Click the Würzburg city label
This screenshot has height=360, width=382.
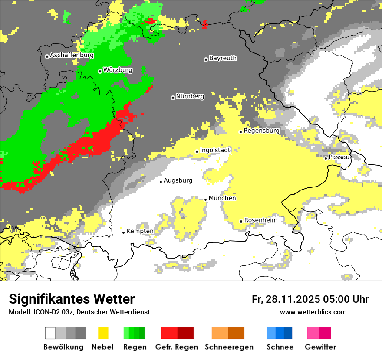(118, 70)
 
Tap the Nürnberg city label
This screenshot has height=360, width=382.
(190, 96)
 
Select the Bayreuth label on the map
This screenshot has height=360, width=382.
(223, 58)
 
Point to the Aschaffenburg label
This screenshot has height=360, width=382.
(72, 55)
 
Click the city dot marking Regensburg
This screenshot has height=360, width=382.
(240, 132)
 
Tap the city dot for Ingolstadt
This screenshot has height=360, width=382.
(197, 151)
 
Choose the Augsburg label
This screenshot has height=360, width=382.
(178, 180)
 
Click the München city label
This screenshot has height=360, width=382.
(222, 198)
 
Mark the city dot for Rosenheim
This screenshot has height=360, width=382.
(241, 221)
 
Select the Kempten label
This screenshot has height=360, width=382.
(140, 231)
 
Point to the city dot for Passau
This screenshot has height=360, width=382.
(326, 158)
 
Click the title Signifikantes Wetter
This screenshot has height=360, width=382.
(72, 299)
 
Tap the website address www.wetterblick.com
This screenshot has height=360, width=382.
(313, 312)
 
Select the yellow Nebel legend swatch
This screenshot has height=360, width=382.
(103, 333)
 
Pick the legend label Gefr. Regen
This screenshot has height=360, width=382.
(177, 347)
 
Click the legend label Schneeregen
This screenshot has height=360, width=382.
(229, 347)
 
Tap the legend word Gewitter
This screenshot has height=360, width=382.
(320, 347)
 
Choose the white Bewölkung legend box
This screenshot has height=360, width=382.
(50, 333)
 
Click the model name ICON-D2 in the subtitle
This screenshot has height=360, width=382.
(45, 312)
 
